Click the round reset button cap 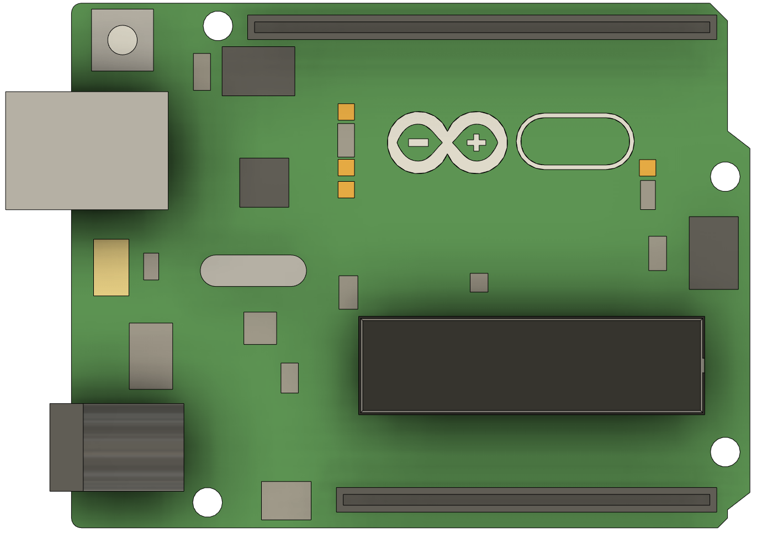pyautogui.click(x=122, y=40)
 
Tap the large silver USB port pyautogui.click(x=87, y=150)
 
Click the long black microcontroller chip pyautogui.click(x=531, y=365)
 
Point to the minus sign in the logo pyautogui.click(x=418, y=143)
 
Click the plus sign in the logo pyautogui.click(x=476, y=143)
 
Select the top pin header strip pyautogui.click(x=481, y=27)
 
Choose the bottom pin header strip pyautogui.click(x=526, y=499)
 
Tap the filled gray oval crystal pyautogui.click(x=253, y=271)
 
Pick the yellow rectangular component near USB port pyautogui.click(x=111, y=267)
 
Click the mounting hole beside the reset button pyautogui.click(x=218, y=25)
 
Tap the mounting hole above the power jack pyautogui.click(x=207, y=502)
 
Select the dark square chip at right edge pyautogui.click(x=713, y=252)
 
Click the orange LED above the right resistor pyautogui.click(x=647, y=167)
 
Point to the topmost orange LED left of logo pyautogui.click(x=346, y=112)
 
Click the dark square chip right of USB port pyautogui.click(x=264, y=182)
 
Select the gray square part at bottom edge pyautogui.click(x=286, y=500)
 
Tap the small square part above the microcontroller pyautogui.click(x=479, y=282)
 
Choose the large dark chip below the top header pyautogui.click(x=258, y=71)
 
